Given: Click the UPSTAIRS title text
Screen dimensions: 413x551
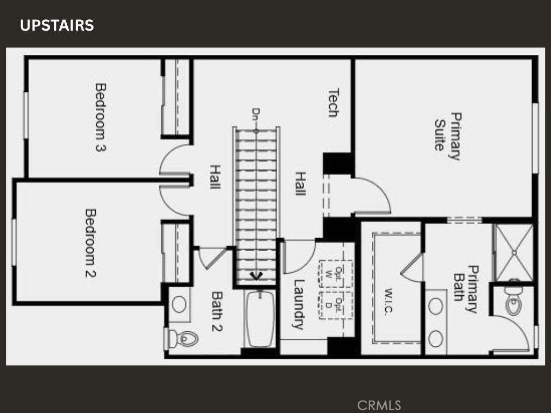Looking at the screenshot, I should tap(57, 25).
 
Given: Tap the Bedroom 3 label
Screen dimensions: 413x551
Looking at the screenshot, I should tap(100, 117).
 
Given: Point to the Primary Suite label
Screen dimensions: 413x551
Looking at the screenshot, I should tap(448, 136).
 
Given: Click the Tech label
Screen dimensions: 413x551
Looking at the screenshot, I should tap(333, 103).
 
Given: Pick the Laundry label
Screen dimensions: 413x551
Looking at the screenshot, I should tap(298, 304).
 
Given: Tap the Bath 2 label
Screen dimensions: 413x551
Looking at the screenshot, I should tap(217, 311).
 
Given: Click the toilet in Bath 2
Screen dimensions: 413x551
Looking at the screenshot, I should tap(183, 338).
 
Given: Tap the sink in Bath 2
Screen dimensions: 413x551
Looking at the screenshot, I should tap(179, 304).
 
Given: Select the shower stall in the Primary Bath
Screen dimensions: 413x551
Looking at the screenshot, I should tap(514, 252).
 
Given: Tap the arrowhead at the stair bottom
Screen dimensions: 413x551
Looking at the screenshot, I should tap(257, 276).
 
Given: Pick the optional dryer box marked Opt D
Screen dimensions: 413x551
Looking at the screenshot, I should tap(336, 304).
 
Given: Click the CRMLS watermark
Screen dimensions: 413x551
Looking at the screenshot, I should tap(379, 404).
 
